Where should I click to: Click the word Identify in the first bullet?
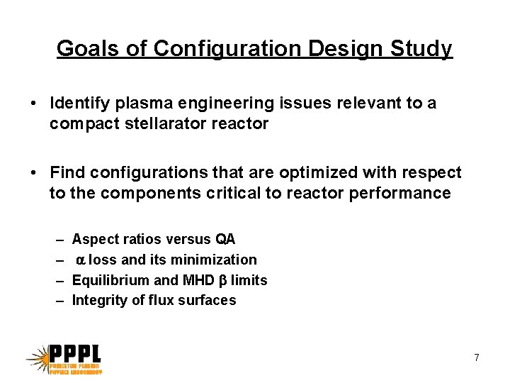[x=77, y=104]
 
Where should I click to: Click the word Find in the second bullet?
[x=66, y=173]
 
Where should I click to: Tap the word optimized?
[x=301, y=173]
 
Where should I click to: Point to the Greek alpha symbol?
[x=81, y=260]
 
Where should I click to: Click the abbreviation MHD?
[x=197, y=280]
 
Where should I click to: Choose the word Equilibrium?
[x=108, y=280]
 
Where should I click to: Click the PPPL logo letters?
[x=75, y=353]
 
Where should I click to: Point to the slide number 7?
[x=477, y=358]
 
